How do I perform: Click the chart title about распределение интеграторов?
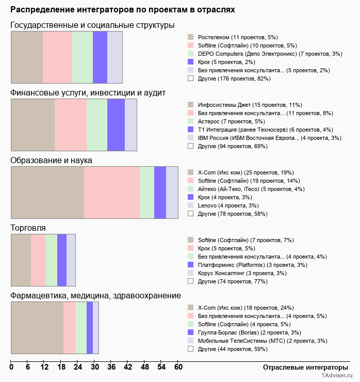(x=123, y=10)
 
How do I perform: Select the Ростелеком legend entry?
(x=238, y=37)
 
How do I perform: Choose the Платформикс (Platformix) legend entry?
(x=252, y=265)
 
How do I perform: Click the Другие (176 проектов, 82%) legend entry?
(x=234, y=78)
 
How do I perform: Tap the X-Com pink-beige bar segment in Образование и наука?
(x=47, y=193)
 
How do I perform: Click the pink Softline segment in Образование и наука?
(x=112, y=193)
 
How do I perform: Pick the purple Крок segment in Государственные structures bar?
(x=100, y=57)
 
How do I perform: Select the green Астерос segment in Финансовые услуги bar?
(x=97, y=125)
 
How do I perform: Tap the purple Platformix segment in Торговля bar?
(x=62, y=260)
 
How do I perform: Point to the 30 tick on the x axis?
(x=94, y=368)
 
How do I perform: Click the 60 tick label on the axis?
(x=178, y=368)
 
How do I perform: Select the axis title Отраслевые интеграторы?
(x=302, y=368)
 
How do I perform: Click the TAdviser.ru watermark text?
(x=337, y=376)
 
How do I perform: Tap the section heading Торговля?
(x=28, y=228)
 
